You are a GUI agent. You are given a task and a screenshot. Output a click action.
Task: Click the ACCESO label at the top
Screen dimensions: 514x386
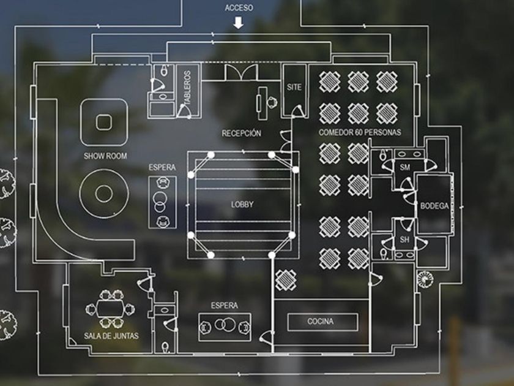coord(239,8)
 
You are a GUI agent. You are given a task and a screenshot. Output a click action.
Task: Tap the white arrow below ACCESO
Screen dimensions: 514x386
coord(238,23)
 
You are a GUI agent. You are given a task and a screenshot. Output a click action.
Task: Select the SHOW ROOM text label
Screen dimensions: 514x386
coord(105,156)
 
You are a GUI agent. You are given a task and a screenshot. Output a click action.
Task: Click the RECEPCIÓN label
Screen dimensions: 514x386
coord(242,134)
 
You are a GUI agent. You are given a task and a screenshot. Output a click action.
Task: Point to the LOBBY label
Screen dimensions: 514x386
coord(242,205)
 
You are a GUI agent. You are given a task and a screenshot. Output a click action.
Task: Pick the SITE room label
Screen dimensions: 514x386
coord(294,87)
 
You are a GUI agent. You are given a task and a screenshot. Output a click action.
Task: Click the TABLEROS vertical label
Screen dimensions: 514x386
coord(187,88)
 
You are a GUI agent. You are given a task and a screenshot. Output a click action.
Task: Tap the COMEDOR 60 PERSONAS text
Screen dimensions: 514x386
coord(360,132)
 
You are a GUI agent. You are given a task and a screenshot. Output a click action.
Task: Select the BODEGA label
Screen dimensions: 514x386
coord(434,206)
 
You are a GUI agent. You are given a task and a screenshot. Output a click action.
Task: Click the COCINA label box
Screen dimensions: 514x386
coord(322,322)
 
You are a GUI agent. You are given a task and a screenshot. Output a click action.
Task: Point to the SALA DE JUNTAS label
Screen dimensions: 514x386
coord(111,336)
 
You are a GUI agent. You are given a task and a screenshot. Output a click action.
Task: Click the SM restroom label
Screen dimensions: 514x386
coord(405,167)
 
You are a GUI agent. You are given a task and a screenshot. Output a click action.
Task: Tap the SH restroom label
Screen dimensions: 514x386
coord(404,240)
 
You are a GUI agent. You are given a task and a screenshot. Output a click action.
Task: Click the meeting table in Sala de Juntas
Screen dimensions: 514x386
coord(110,309)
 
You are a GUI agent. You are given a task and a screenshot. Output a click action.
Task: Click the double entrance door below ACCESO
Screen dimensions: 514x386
coord(241,72)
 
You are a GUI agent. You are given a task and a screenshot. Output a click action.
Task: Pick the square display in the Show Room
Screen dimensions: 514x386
coord(104,123)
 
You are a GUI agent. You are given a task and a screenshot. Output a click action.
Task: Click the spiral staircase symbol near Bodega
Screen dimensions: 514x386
coord(425,279)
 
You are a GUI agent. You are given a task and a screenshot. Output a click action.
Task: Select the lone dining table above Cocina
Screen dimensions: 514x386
coord(286,280)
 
